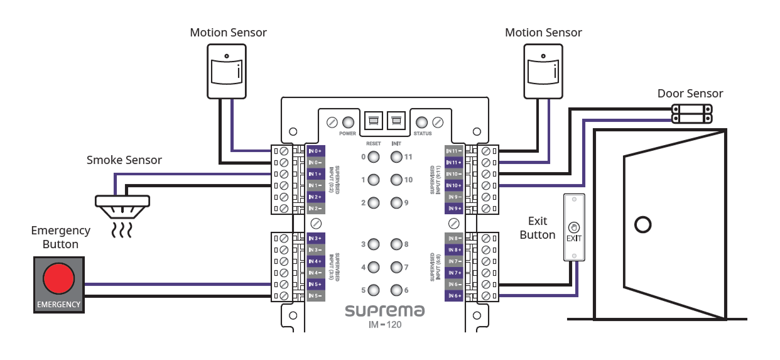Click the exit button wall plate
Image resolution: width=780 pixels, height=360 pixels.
click(x=574, y=227)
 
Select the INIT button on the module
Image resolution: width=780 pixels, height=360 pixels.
click(x=396, y=119)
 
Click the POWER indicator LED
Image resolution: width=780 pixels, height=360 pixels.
click(x=347, y=121)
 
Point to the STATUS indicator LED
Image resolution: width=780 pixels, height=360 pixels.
click(x=423, y=121)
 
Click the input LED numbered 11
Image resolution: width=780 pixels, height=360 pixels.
click(x=396, y=157)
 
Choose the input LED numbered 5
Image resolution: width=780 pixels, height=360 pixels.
click(x=373, y=290)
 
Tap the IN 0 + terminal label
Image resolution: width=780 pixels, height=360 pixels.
click(x=315, y=151)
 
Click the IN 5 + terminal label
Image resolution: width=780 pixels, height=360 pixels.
click(x=315, y=284)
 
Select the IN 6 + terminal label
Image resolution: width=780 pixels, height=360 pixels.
click(x=454, y=296)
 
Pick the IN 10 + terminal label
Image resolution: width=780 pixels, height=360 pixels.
click(x=454, y=185)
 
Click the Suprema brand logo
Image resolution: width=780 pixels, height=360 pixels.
click(x=384, y=310)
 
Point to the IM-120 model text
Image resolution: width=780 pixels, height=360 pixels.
click(x=384, y=325)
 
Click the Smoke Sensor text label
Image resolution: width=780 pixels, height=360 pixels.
click(x=124, y=160)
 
